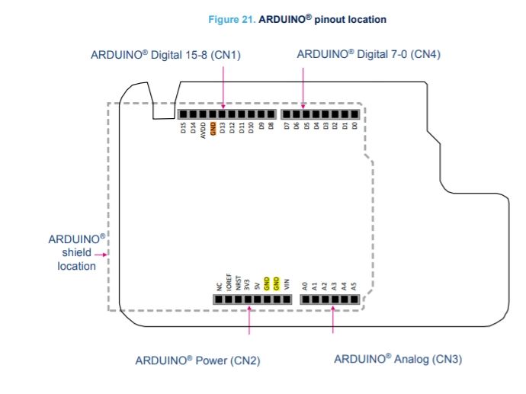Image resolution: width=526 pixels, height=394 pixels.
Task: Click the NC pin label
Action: [x=219, y=287]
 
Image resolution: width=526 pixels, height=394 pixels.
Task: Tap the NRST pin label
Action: [x=239, y=284]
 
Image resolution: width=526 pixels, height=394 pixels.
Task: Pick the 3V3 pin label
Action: [x=248, y=286]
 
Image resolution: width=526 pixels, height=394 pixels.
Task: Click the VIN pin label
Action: [x=287, y=286]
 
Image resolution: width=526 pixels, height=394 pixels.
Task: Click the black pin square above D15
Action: [x=183, y=114]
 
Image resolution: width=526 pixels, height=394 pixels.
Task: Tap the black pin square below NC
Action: [x=219, y=300]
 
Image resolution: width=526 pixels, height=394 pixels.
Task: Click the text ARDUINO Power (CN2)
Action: [x=197, y=360]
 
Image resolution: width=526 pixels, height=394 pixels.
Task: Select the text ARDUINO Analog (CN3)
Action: [x=398, y=359]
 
